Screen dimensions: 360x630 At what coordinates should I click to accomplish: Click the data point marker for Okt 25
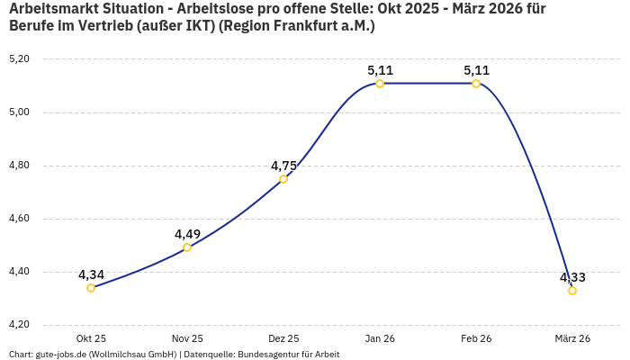pyautogui.click(x=91, y=288)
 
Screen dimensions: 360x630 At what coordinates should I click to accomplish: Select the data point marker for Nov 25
pyautogui.click(x=187, y=247)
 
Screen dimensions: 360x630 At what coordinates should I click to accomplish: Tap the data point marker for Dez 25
pyautogui.click(x=283, y=179)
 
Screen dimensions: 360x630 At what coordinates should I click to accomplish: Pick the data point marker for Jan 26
pyautogui.click(x=380, y=84)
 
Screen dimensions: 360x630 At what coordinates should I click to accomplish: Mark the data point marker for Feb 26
pyautogui.click(x=476, y=84)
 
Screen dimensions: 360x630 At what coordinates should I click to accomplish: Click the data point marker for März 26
pyautogui.click(x=572, y=291)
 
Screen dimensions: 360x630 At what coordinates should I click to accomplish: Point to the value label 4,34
pyautogui.click(x=91, y=274)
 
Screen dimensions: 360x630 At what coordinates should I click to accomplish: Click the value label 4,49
pyautogui.click(x=187, y=234)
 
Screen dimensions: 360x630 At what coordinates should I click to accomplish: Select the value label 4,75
pyautogui.click(x=283, y=166)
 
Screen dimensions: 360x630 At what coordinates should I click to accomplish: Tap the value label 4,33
pyautogui.click(x=572, y=277)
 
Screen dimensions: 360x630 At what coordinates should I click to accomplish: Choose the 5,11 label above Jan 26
pyautogui.click(x=380, y=70)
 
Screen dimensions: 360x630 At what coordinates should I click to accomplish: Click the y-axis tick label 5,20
pyautogui.click(x=19, y=59)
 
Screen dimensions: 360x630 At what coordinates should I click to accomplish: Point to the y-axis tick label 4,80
pyautogui.click(x=19, y=166)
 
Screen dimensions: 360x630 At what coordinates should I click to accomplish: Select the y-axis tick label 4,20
pyautogui.click(x=19, y=325)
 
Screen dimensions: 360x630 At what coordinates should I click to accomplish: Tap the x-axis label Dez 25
pyautogui.click(x=283, y=338)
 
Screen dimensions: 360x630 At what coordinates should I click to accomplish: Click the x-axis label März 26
pyautogui.click(x=572, y=338)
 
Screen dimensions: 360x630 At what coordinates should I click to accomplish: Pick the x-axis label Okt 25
pyautogui.click(x=91, y=338)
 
